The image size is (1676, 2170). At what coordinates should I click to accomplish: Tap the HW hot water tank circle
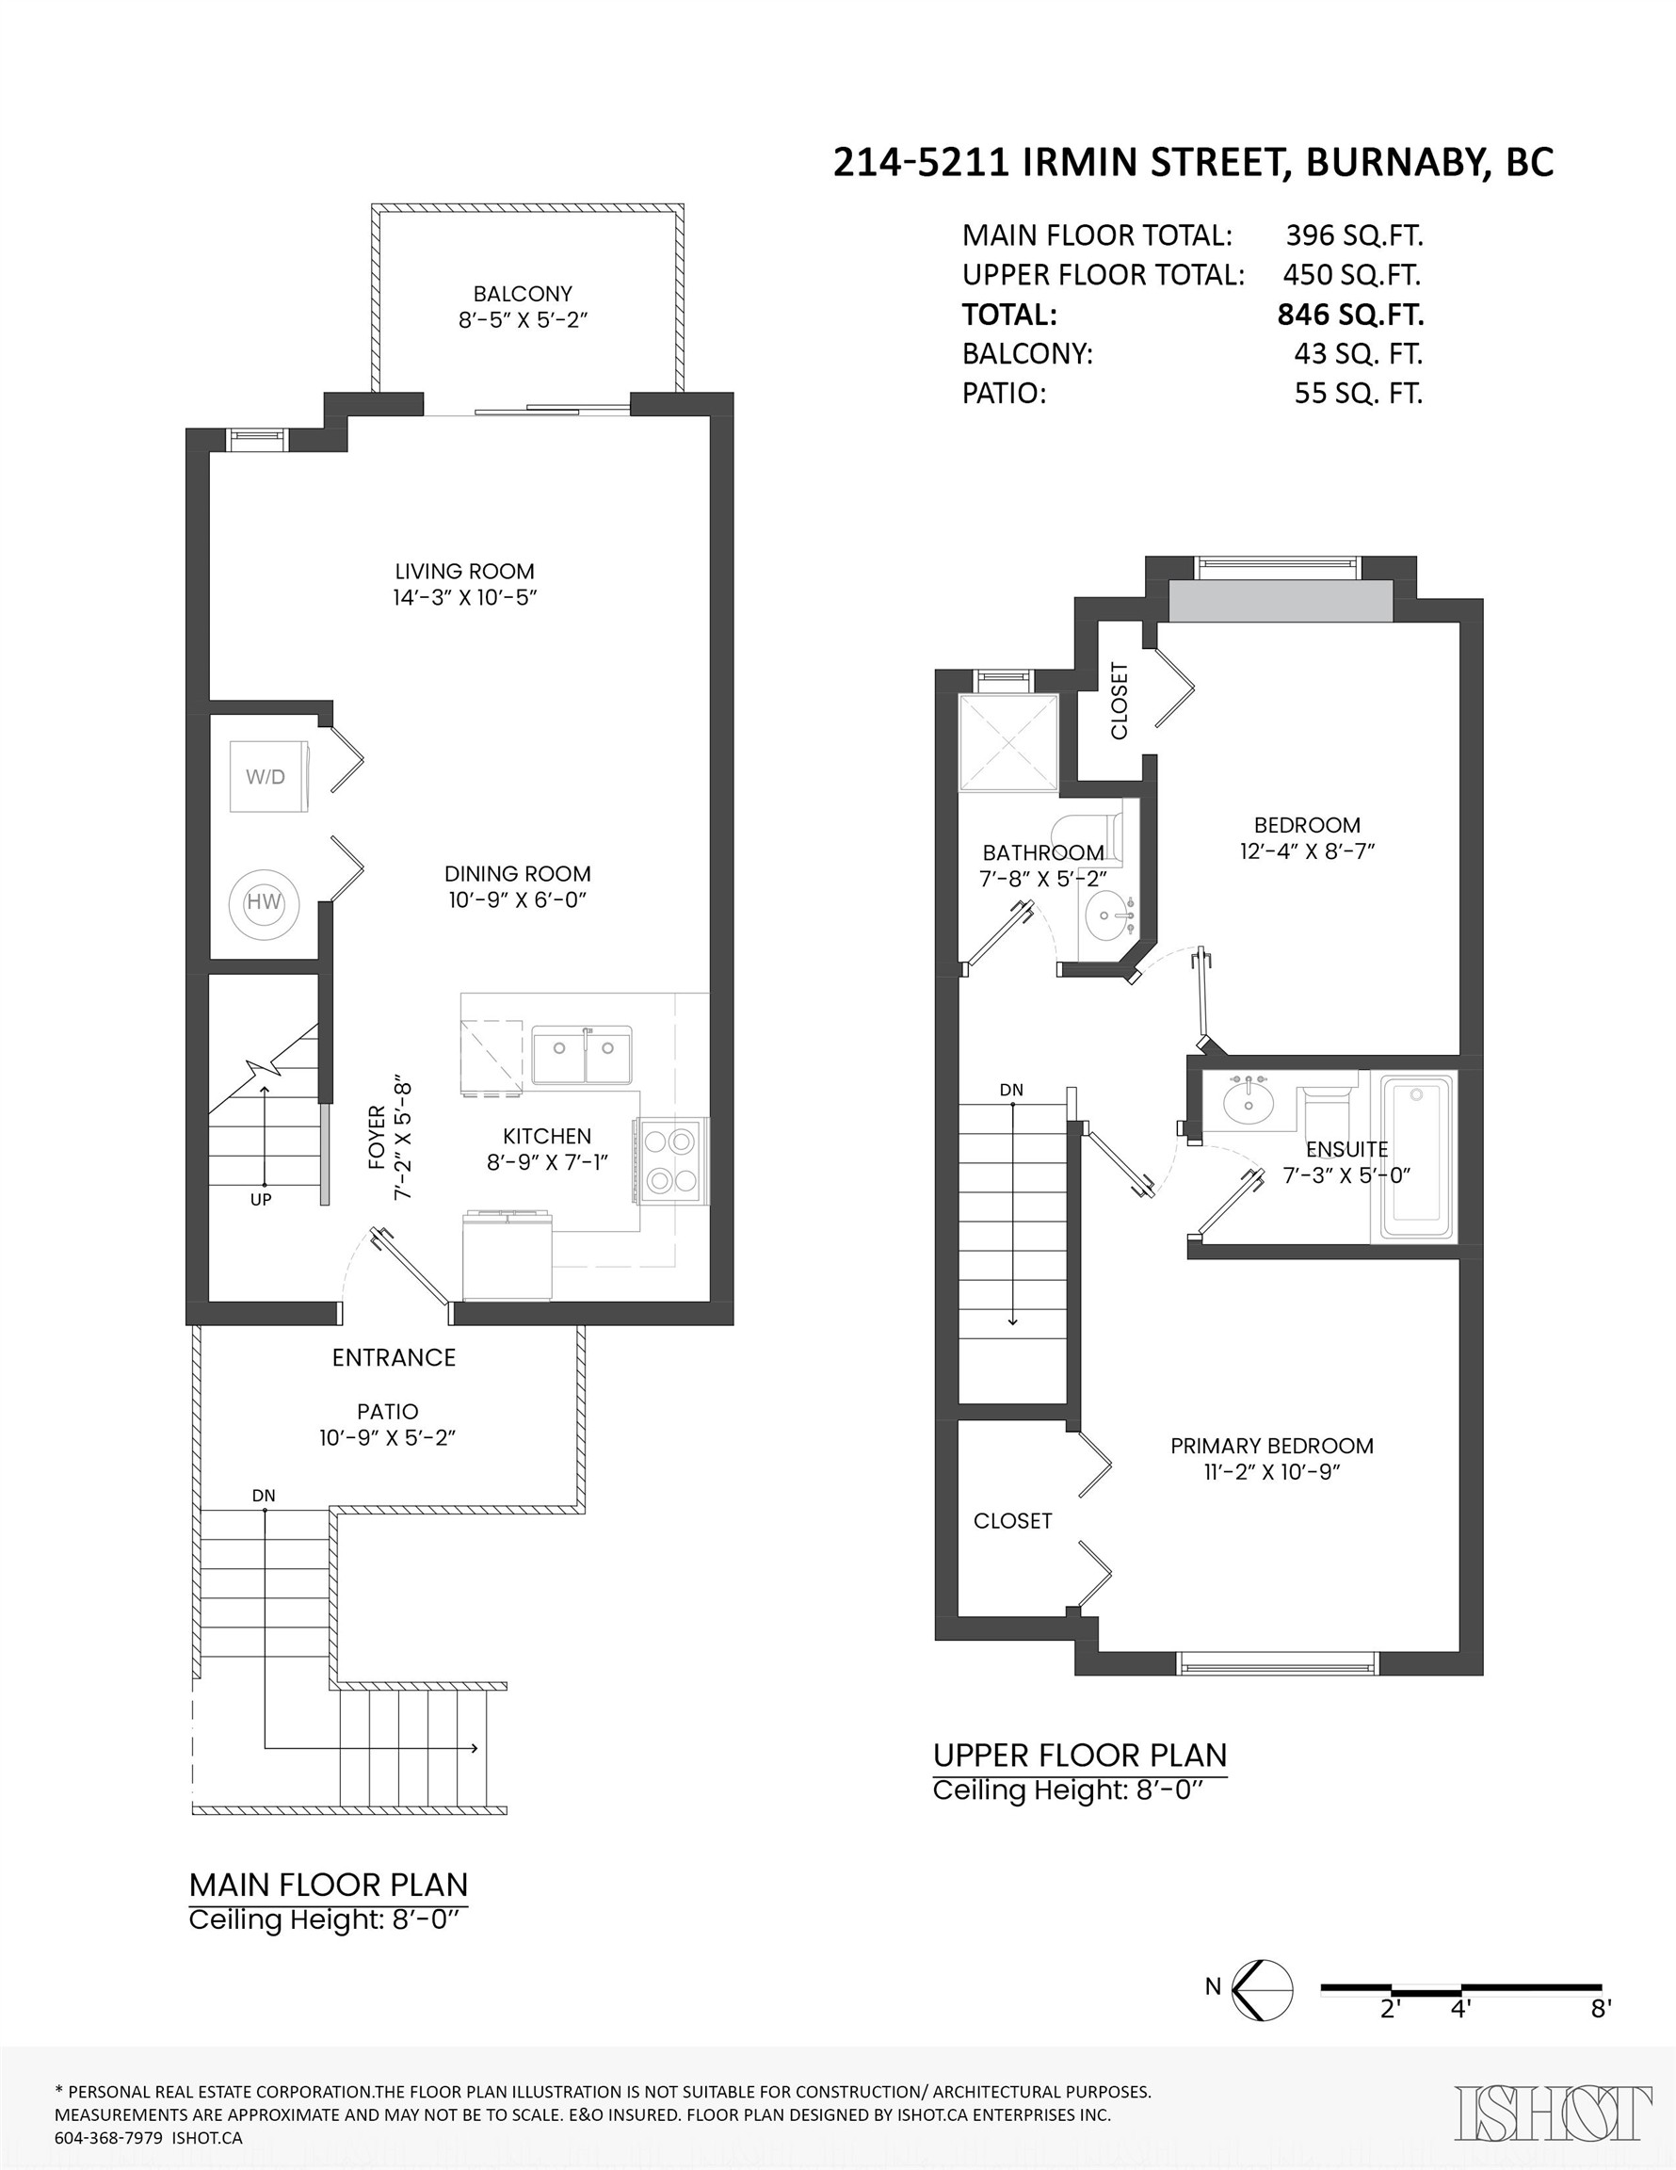pyautogui.click(x=264, y=902)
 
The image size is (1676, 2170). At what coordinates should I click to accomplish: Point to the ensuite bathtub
pyautogui.click(x=1413, y=1156)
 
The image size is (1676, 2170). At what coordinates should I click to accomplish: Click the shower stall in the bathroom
pyautogui.click(x=1008, y=742)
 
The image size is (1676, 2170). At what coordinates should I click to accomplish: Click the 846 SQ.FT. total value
pyautogui.click(x=1350, y=315)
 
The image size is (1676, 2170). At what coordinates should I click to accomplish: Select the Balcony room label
pyautogui.click(x=523, y=294)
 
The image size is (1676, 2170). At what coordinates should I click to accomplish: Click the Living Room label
pyautogui.click(x=465, y=572)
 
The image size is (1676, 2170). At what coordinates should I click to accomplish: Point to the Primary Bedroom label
pyautogui.click(x=1272, y=1446)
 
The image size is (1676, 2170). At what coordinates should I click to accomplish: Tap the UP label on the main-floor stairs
pyautogui.click(x=260, y=1199)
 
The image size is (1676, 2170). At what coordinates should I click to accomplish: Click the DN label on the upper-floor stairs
pyautogui.click(x=1011, y=1090)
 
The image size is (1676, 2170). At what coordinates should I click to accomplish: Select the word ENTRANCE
pyautogui.click(x=394, y=1357)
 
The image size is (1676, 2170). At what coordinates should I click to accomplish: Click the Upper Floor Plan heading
pyautogui.click(x=1080, y=1756)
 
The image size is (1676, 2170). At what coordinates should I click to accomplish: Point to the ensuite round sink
pyautogui.click(x=1247, y=1101)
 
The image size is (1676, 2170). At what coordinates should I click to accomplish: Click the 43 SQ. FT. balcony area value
pyautogui.click(x=1358, y=354)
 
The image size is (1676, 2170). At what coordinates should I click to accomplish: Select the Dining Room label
pyautogui.click(x=517, y=874)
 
